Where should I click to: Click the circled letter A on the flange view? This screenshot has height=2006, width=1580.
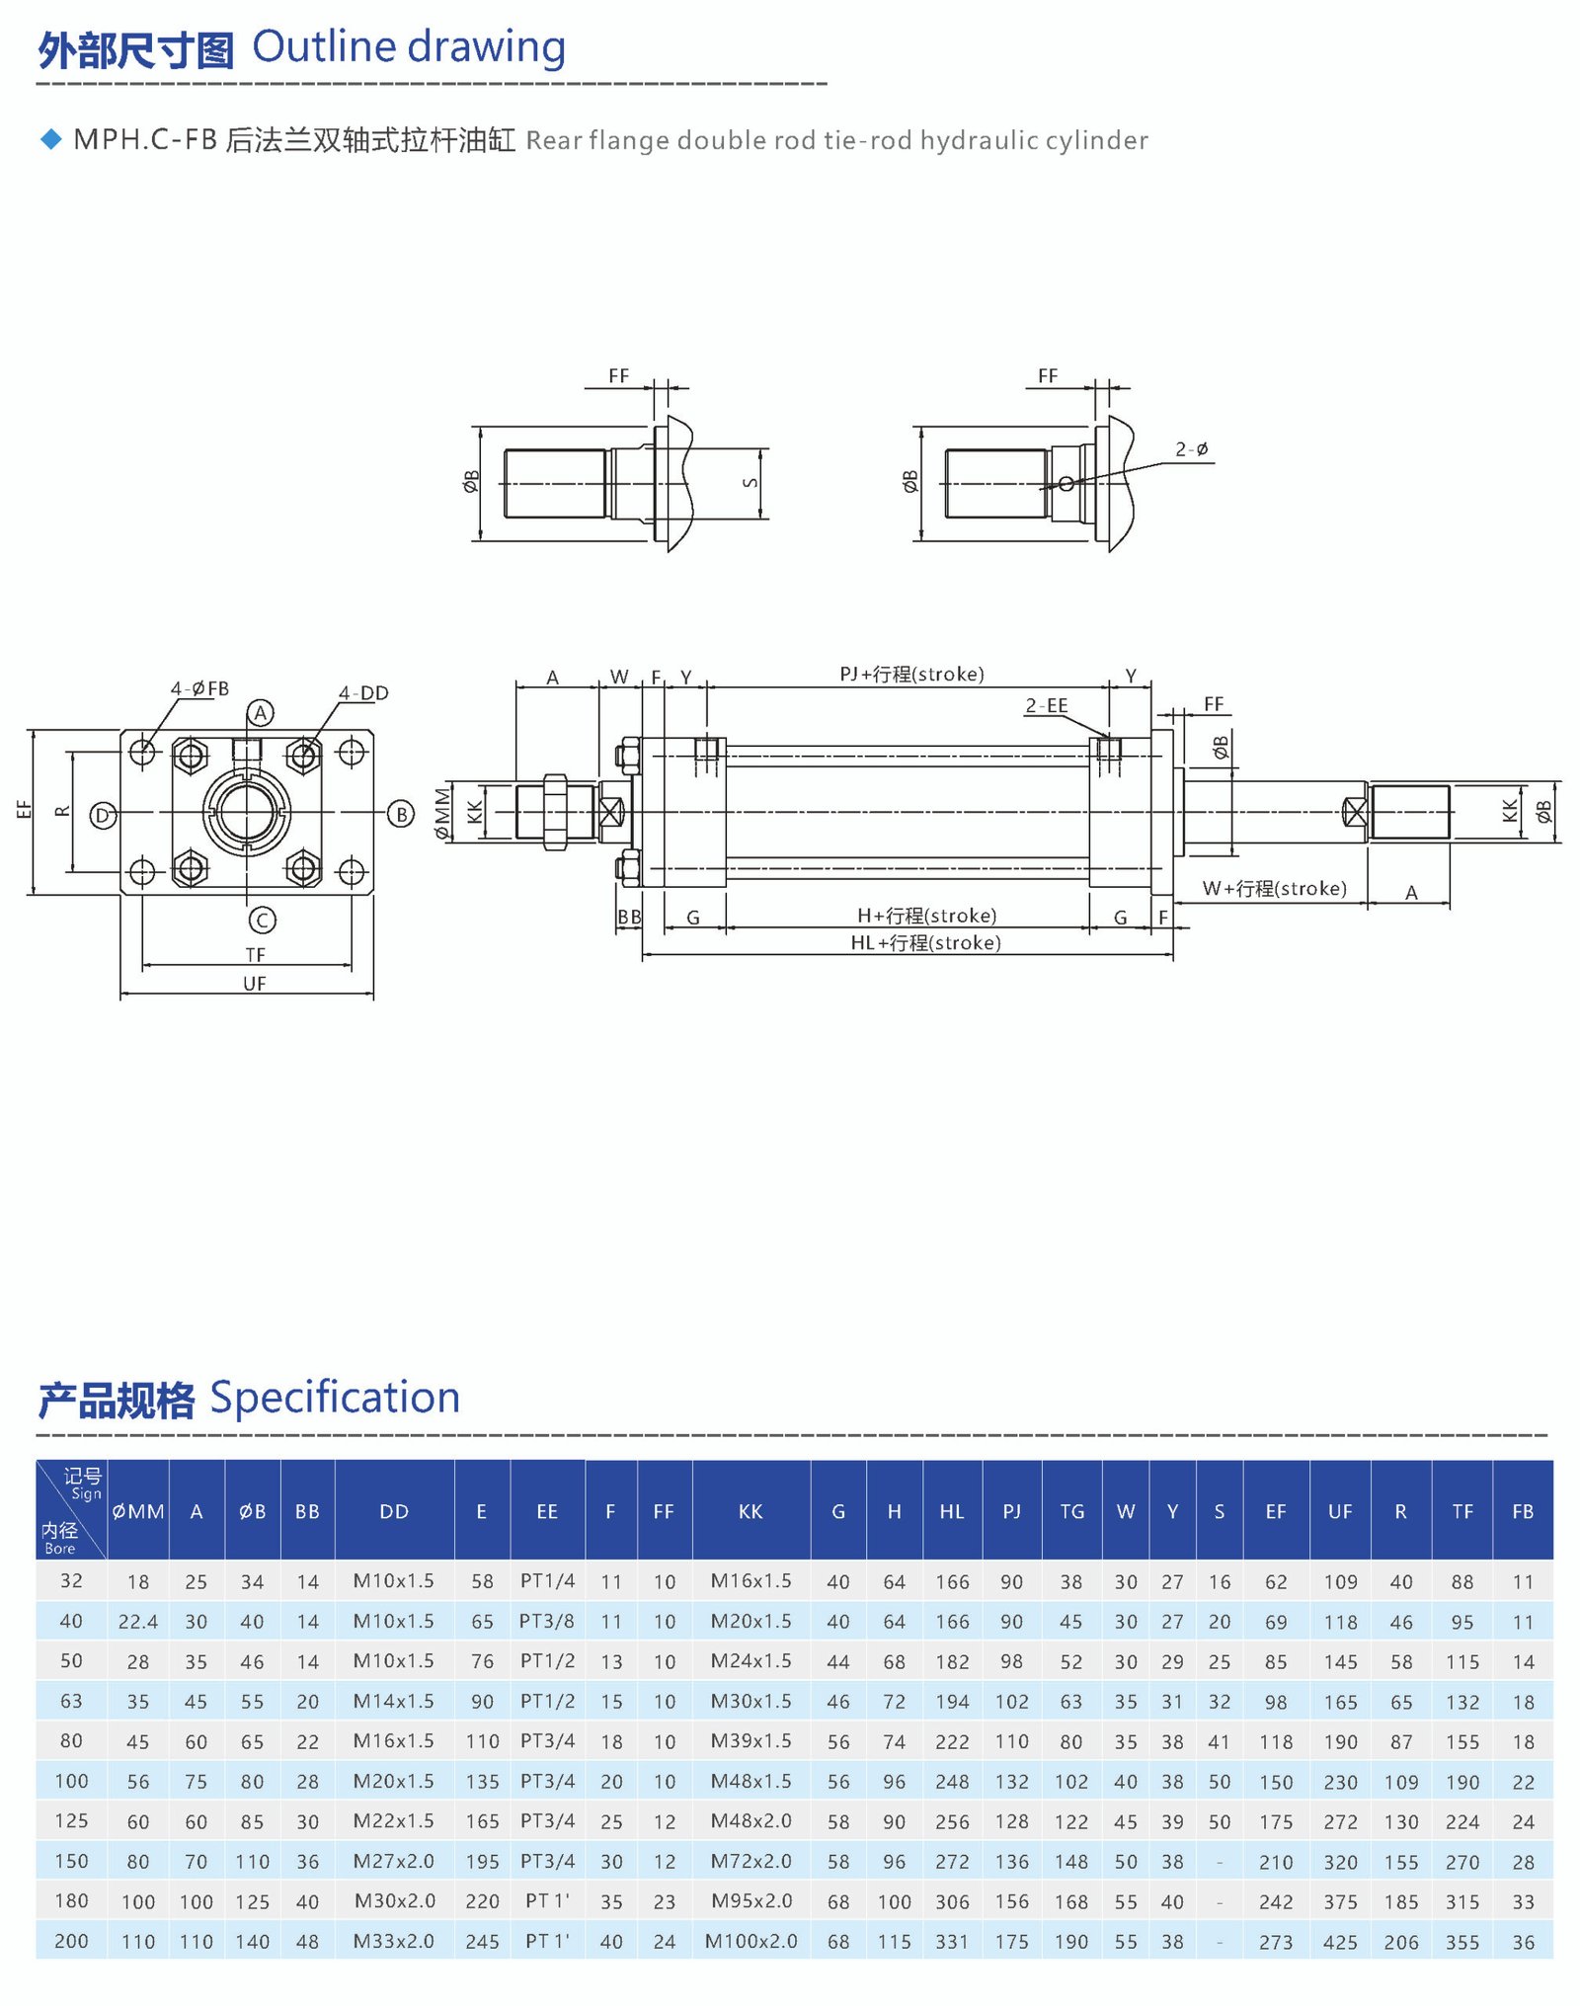click(x=260, y=713)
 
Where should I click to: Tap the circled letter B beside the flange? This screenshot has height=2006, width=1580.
click(x=400, y=814)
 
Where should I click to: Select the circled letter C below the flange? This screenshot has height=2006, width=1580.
click(x=262, y=921)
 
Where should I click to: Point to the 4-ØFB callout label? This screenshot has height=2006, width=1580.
click(x=199, y=688)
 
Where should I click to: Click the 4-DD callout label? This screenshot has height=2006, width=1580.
click(x=363, y=693)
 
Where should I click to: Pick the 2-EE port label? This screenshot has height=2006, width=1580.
click(x=1046, y=705)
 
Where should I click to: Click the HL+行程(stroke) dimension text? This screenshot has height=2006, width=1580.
click(x=925, y=943)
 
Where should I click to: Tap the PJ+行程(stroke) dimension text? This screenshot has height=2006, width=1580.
click(x=911, y=675)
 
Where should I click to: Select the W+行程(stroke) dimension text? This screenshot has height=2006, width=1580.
click(x=1274, y=889)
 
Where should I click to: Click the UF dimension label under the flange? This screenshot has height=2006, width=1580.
click(x=255, y=984)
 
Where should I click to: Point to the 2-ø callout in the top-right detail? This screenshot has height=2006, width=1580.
click(x=1192, y=449)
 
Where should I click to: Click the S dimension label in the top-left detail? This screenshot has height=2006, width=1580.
click(x=750, y=483)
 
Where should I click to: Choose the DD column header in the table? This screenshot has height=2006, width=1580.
click(x=394, y=1511)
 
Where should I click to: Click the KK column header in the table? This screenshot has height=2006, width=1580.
click(x=750, y=1511)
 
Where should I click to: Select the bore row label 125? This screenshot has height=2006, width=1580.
click(x=71, y=1820)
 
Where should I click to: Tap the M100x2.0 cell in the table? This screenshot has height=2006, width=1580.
click(x=750, y=1941)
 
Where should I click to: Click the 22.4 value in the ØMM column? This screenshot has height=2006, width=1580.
click(x=138, y=1622)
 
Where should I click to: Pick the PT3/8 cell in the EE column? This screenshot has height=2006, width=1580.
click(x=547, y=1621)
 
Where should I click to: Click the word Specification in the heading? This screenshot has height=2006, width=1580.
click(x=335, y=1398)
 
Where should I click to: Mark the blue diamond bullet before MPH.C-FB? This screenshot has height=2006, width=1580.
click(x=51, y=139)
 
